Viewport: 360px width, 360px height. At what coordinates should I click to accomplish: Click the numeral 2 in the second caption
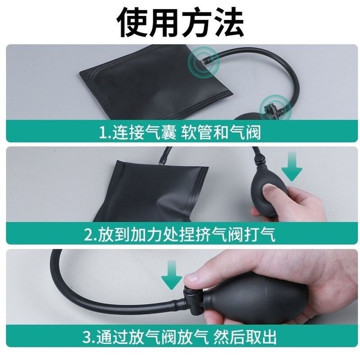[88, 235]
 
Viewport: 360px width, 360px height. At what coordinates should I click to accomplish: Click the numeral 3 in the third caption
[87, 337]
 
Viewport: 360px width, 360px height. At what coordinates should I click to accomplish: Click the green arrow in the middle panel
[291, 166]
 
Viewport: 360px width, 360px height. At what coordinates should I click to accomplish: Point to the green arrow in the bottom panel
[172, 275]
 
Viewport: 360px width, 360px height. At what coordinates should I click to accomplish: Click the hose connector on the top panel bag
[204, 61]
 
